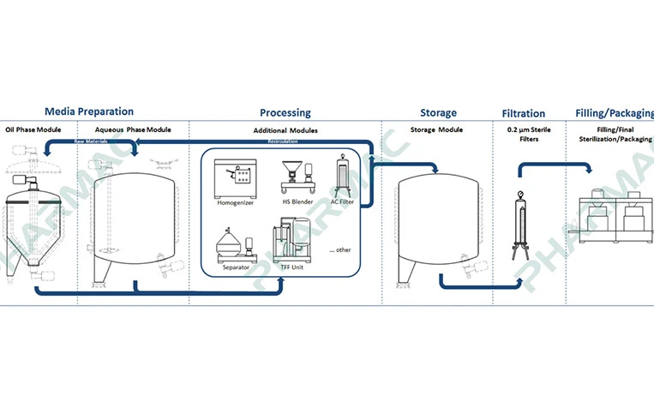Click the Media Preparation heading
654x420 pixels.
[x=89, y=111]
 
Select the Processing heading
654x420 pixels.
[x=285, y=112]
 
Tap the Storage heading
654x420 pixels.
[x=438, y=112]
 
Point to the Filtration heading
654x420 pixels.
[x=523, y=113]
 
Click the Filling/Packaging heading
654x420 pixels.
[x=613, y=112]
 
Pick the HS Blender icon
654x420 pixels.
[x=294, y=176]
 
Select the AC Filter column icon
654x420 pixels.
[x=345, y=176]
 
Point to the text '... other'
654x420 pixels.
[x=339, y=249]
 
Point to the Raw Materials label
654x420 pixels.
[x=91, y=141]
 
